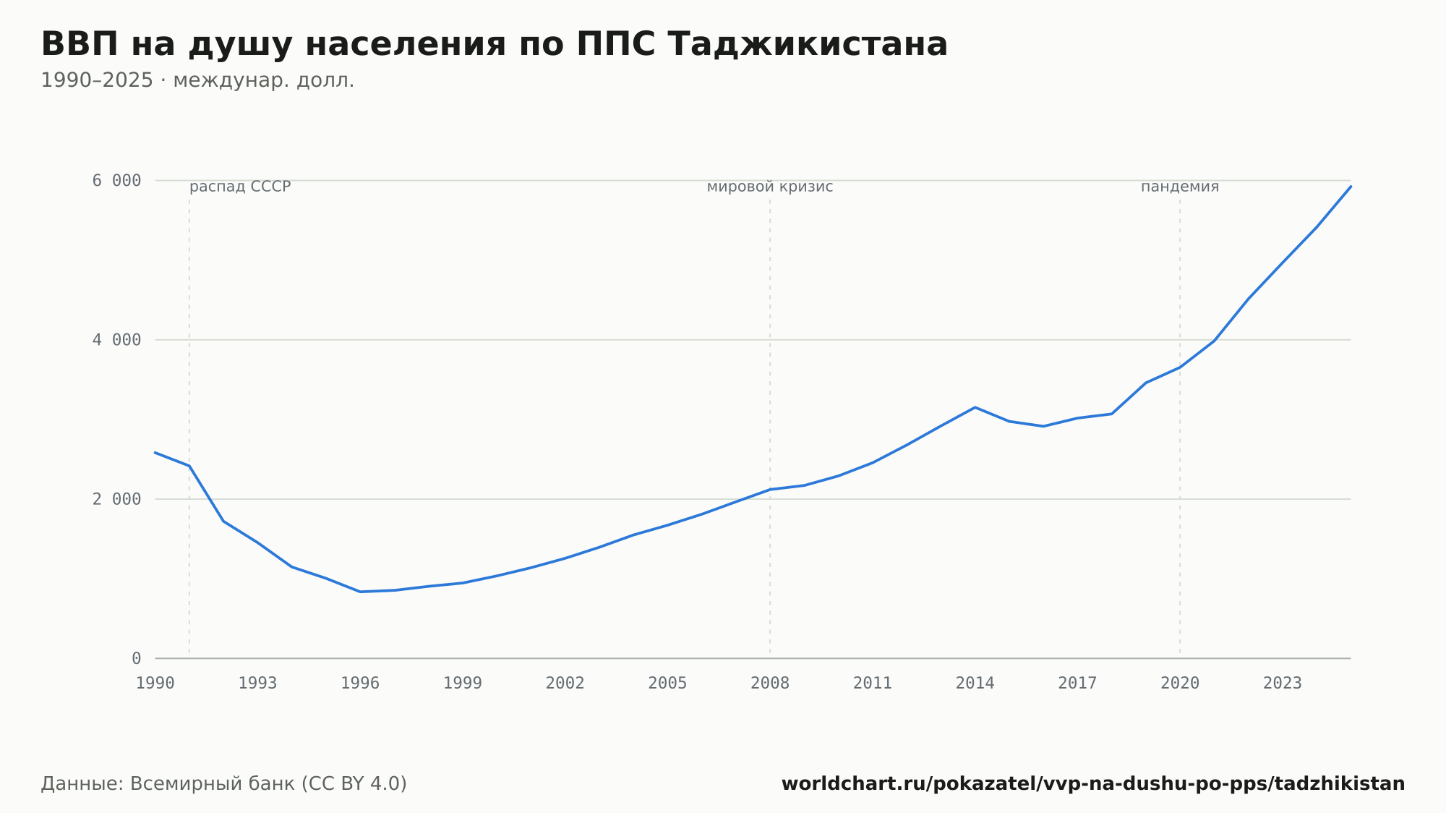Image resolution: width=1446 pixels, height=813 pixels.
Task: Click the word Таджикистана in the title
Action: [x=808, y=44]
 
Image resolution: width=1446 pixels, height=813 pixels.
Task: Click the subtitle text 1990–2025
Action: [x=97, y=80]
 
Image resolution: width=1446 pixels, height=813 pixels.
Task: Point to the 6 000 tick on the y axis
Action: [x=116, y=180]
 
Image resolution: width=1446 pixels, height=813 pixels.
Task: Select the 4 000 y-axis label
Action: [x=116, y=340]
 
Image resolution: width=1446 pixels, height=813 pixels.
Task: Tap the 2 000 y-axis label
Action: [x=116, y=499]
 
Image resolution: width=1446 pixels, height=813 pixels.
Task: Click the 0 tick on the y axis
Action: [x=136, y=658]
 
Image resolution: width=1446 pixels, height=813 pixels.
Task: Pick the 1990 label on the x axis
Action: [x=155, y=684]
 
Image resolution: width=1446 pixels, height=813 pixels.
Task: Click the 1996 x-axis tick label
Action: [x=360, y=684]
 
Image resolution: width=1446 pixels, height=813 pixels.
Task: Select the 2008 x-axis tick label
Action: [x=770, y=684]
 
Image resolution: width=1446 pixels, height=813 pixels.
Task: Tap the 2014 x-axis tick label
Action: [x=975, y=684]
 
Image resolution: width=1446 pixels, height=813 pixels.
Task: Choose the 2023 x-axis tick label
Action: [x=1283, y=684]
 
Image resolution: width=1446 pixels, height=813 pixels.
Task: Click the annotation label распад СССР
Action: [x=240, y=187]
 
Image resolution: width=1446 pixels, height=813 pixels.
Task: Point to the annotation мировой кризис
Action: [x=770, y=187]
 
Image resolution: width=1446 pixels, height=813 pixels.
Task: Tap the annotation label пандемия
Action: [x=1180, y=187]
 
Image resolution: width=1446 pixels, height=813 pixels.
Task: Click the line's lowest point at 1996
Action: [x=360, y=592]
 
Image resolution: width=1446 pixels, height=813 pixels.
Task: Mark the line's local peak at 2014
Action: [x=975, y=407]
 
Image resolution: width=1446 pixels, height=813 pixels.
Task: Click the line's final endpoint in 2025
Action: [x=1351, y=187]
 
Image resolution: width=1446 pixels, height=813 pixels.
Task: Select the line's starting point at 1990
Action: [x=155, y=453]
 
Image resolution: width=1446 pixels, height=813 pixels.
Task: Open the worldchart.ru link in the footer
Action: [x=1093, y=784]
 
